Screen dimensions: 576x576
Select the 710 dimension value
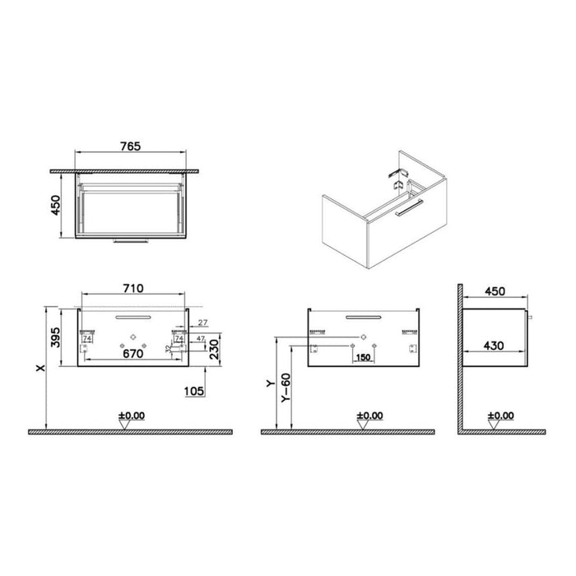pyautogui.click(x=134, y=288)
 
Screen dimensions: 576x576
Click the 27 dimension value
pyautogui.click(x=202, y=323)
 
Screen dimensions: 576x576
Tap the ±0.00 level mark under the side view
pyautogui.click(x=500, y=416)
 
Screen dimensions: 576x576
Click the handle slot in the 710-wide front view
pyautogui.click(x=133, y=316)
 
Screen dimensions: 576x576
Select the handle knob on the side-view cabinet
pyautogui.click(x=529, y=316)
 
